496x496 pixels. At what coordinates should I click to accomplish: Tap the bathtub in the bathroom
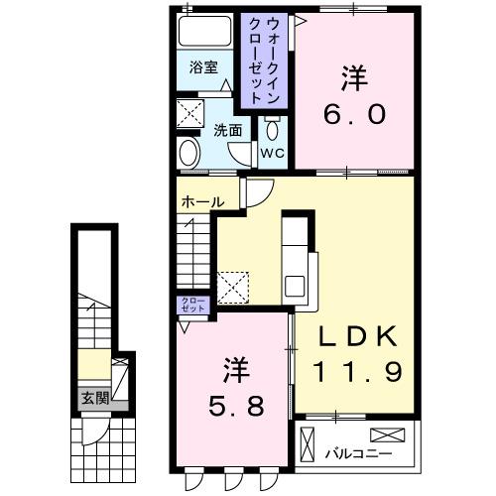pos(205,32)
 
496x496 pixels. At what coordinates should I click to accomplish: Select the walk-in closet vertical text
pos(263,60)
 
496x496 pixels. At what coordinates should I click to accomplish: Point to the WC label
pos(272,153)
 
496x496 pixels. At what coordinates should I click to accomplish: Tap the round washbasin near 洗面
pos(188,153)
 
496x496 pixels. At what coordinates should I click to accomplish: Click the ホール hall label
pos(201,202)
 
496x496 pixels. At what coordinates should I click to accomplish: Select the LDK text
pos(360,338)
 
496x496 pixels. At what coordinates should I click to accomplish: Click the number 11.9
pos(360,372)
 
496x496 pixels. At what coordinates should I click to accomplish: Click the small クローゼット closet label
pos(191,305)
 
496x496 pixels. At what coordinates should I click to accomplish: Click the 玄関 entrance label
pos(94,400)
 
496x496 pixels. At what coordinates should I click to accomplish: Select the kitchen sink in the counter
pos(296,285)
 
